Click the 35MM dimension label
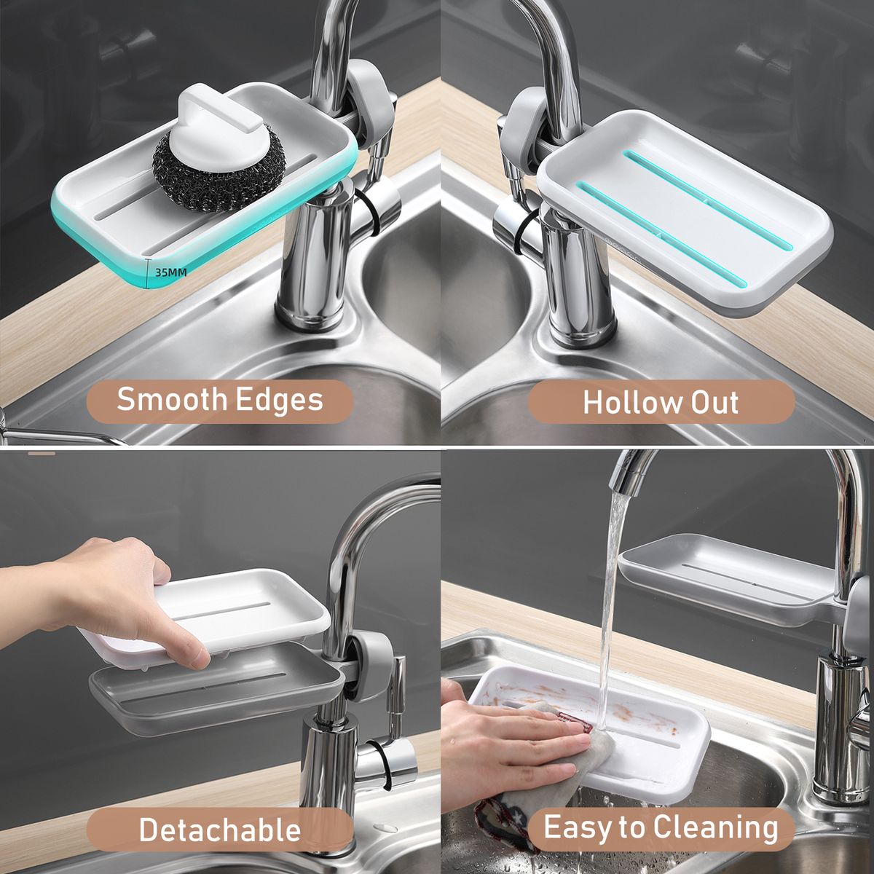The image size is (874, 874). click(x=170, y=272)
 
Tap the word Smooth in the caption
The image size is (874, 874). click(x=172, y=399)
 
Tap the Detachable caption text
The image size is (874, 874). click(x=219, y=830)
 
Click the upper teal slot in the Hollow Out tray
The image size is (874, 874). click(x=708, y=200)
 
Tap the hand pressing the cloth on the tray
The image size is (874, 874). click(x=513, y=744)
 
